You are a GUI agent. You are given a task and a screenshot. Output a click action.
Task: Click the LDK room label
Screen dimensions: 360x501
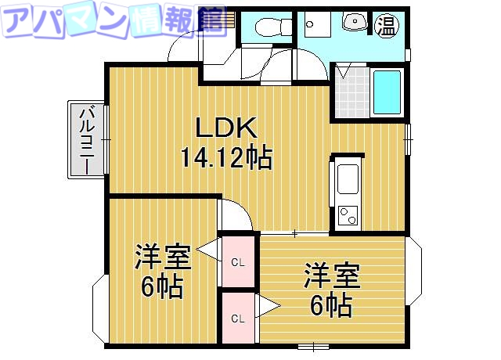point(225,128)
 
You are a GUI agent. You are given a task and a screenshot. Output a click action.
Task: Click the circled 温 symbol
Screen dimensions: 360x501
point(386,25)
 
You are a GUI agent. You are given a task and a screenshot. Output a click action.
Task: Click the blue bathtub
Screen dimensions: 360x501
point(386,92)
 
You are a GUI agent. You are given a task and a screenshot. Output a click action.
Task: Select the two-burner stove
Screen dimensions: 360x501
point(348,213)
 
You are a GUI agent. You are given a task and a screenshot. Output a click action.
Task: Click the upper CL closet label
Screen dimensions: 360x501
point(238,262)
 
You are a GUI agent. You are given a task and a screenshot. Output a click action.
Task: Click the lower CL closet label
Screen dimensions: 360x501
point(238,318)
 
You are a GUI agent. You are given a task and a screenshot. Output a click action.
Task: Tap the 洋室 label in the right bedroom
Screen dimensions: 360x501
point(332,275)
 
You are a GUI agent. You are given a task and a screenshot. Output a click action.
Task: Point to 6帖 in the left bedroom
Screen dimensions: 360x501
point(162,287)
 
